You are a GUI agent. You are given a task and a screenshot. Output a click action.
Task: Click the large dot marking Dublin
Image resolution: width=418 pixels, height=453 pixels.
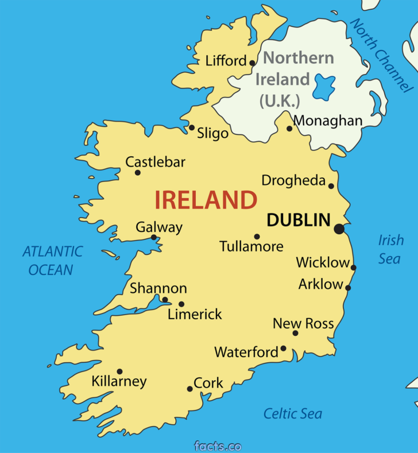pos(339,229)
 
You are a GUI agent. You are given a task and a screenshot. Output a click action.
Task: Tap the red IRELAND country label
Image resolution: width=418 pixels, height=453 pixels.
pos(206,200)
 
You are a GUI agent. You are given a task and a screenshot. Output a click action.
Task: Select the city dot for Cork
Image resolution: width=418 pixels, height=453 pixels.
pos(190,389)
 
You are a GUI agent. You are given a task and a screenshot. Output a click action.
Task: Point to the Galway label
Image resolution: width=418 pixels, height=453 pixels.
pos(159,227)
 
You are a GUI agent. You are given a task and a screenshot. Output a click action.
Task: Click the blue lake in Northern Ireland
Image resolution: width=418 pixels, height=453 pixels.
pos(324,88)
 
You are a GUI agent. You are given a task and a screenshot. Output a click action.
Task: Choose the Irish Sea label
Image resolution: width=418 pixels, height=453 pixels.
pos(390,249)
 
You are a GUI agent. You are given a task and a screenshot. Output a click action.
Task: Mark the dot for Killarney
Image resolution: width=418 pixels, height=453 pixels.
pos(119,371)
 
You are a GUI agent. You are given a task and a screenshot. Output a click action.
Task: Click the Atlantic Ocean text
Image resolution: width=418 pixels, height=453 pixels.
pos(52,260)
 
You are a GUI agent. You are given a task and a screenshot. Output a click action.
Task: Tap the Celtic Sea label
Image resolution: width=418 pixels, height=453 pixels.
pos(293,413)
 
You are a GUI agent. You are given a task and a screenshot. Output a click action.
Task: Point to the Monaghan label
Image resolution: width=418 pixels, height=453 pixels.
pos(328,121)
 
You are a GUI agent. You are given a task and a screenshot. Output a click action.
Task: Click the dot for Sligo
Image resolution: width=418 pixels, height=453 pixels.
pos(192,127)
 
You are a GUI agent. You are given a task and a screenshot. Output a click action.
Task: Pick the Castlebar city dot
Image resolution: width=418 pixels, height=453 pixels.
pos(137,172)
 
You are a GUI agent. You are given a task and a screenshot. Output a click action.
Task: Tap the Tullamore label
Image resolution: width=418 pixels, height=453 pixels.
pos(251,246)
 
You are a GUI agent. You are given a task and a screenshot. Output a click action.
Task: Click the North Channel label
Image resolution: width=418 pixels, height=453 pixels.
pos(381,55)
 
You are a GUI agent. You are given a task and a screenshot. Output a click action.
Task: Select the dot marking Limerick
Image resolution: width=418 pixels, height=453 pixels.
pos(181,304)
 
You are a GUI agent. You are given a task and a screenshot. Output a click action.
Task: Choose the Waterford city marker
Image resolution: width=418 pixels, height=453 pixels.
pos(283,349)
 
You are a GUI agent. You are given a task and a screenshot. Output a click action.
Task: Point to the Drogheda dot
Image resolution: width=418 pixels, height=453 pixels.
pos(331,185)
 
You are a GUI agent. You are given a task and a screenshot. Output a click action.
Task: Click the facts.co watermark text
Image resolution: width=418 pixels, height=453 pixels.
pos(218,446)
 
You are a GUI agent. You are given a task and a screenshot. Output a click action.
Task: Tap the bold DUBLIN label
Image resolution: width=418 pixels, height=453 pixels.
pos(299,220)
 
